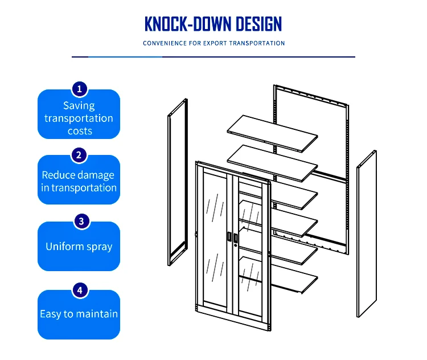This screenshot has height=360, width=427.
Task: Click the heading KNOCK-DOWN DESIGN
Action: [x=213, y=24]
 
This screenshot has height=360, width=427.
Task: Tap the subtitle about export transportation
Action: [x=213, y=43]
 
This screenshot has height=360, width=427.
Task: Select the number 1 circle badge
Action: [x=79, y=89]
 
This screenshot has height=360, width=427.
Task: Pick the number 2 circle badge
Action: [x=79, y=154]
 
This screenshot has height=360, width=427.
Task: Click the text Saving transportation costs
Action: [x=79, y=118]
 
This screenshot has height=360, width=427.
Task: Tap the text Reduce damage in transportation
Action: [x=79, y=181]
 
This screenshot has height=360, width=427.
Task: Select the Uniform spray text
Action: [x=79, y=247]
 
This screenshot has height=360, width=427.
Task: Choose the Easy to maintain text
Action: [x=79, y=314]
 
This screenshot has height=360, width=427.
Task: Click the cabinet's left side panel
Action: [x=176, y=179]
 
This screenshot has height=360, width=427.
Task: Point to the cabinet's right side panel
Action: [x=366, y=234]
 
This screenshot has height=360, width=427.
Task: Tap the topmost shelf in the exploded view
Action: [x=272, y=133]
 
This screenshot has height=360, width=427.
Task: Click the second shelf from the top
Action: [x=272, y=162]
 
